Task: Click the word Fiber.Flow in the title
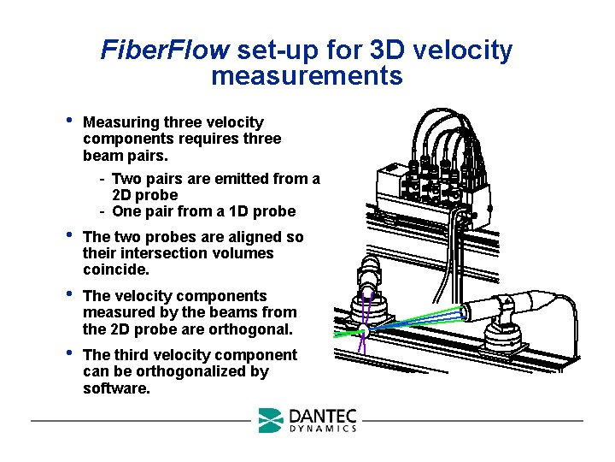[x=164, y=50]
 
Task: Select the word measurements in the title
[x=307, y=76]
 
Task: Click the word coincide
[x=116, y=269]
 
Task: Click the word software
[x=117, y=388]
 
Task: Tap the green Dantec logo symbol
[x=271, y=419]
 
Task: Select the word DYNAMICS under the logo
[x=323, y=429]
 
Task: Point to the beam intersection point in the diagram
[x=364, y=330]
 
